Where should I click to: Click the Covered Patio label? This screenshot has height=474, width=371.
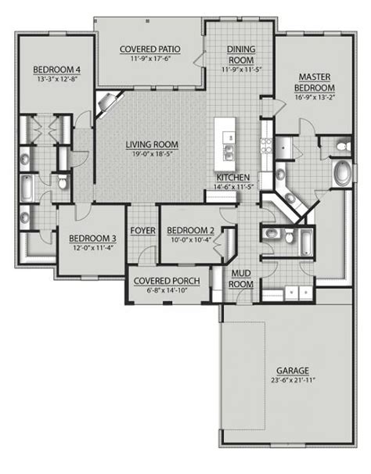[x=150, y=49]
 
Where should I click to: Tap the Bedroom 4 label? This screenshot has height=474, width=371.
[x=57, y=70]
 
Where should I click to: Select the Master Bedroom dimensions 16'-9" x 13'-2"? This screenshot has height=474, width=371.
[x=315, y=97]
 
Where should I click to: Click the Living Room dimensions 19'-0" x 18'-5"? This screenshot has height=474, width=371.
[x=152, y=154]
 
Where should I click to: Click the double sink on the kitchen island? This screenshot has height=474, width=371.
[x=229, y=151]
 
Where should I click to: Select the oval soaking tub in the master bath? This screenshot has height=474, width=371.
[x=343, y=174]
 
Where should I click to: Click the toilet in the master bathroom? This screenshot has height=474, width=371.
[x=343, y=146]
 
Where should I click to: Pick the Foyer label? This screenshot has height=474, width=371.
[x=142, y=230]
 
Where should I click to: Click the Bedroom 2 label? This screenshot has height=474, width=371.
[x=191, y=230]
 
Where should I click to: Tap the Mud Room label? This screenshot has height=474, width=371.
[x=241, y=278]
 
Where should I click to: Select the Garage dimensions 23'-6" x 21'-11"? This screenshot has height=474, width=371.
[x=294, y=380]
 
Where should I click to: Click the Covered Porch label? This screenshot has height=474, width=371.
[x=167, y=281]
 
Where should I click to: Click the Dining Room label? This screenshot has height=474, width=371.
[x=241, y=55]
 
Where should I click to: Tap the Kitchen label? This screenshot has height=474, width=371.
[x=233, y=178]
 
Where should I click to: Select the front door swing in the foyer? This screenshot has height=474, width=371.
[x=146, y=254]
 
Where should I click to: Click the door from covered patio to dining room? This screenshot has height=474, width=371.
[x=200, y=59]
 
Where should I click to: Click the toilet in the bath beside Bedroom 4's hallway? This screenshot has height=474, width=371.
[x=63, y=182]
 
